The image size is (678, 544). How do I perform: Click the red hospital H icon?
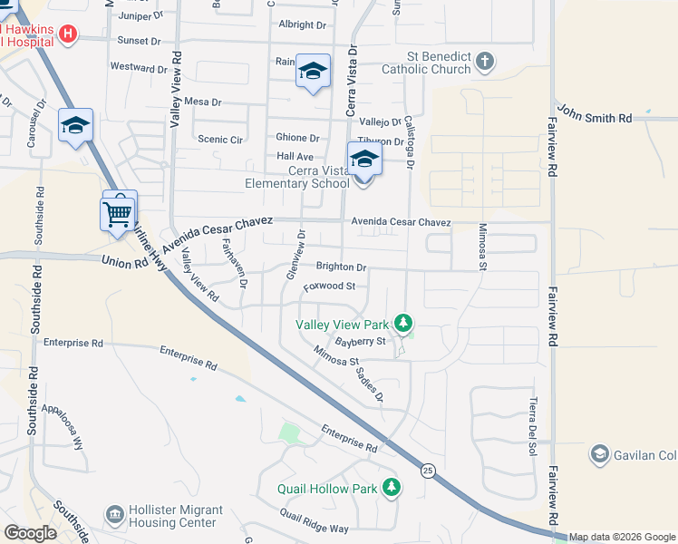(x=67, y=34)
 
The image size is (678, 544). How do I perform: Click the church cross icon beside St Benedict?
(x=485, y=62)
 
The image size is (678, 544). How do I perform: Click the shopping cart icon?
(x=116, y=215)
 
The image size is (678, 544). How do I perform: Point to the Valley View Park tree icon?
(x=404, y=323)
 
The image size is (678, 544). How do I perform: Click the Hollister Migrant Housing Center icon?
(x=114, y=515)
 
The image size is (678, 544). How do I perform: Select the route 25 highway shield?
(x=426, y=470)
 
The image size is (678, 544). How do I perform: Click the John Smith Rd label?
(x=595, y=118)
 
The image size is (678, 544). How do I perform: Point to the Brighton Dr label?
(x=341, y=267)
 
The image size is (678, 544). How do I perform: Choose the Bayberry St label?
(x=361, y=342)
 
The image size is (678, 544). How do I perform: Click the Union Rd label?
(x=126, y=262)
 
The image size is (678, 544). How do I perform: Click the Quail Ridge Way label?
(x=314, y=521)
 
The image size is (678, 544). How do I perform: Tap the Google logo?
(x=31, y=533)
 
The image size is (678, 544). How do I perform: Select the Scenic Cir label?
(x=221, y=140)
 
